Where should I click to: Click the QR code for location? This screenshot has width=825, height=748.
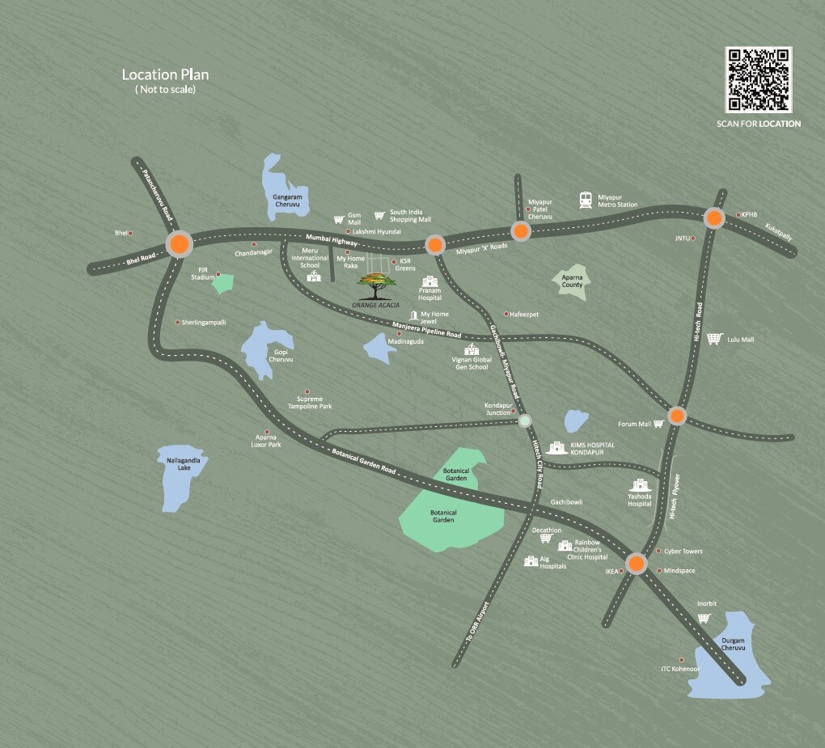(x=759, y=79)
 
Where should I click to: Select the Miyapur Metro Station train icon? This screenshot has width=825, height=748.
(x=585, y=200)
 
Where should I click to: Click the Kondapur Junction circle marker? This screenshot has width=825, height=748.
(x=525, y=420)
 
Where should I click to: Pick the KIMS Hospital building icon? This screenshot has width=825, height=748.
(x=556, y=447)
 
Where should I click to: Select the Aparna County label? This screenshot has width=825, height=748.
(x=573, y=281)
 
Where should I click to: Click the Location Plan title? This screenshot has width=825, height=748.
(x=166, y=74)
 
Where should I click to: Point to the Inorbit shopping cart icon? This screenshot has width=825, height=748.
(x=704, y=619)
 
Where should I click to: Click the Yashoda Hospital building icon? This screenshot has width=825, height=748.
(x=640, y=486)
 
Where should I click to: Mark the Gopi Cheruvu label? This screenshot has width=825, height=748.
(x=280, y=355)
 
